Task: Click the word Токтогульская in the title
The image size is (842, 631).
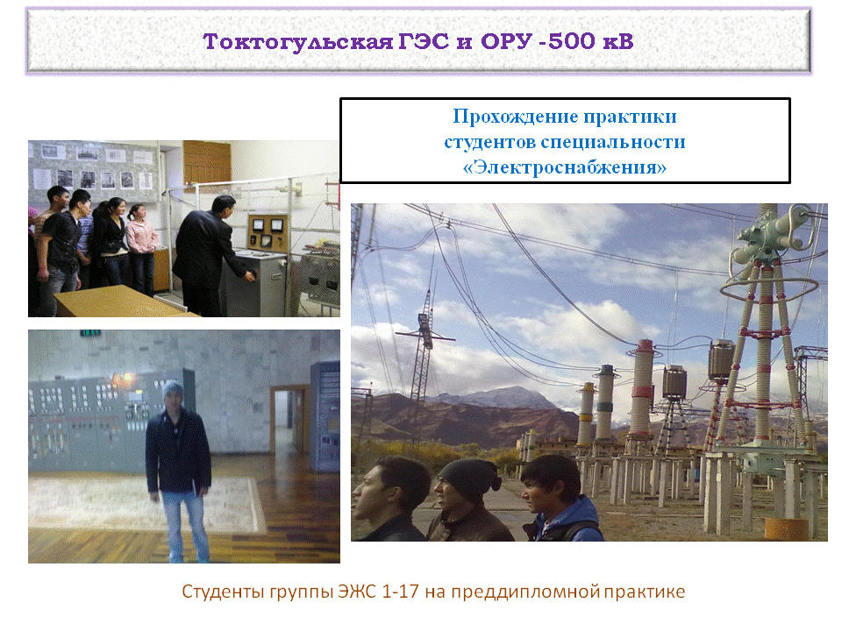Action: click(298, 42)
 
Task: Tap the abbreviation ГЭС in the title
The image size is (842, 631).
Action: click(424, 41)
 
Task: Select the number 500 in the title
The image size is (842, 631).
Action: click(572, 41)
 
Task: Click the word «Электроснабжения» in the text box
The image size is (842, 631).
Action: click(564, 167)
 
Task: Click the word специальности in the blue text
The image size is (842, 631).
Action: click(613, 142)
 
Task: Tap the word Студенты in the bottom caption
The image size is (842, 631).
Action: click(223, 592)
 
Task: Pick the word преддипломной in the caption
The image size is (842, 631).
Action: click(525, 592)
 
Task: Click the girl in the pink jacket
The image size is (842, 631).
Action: click(142, 248)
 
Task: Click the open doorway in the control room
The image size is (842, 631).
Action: click(289, 421)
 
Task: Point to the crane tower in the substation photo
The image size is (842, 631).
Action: click(425, 349)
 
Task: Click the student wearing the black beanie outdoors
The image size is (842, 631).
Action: click(468, 500)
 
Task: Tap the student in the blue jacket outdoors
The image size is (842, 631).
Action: click(560, 499)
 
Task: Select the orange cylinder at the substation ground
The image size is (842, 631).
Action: click(786, 529)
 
